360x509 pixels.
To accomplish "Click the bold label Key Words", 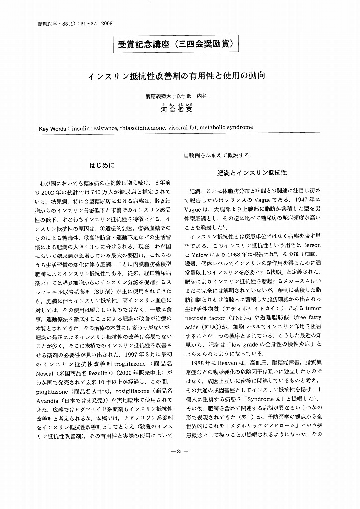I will pos(54,128).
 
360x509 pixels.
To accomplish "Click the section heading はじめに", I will pos(101,165).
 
